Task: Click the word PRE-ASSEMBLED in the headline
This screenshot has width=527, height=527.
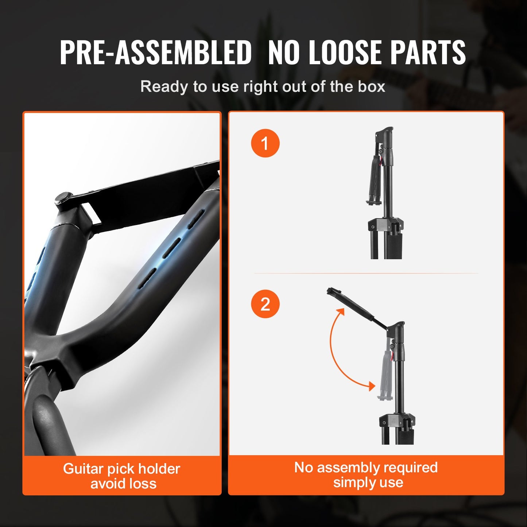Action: [x=156, y=52]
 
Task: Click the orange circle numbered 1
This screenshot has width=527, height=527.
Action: [x=265, y=143]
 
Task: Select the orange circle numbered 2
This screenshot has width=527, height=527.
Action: [x=265, y=304]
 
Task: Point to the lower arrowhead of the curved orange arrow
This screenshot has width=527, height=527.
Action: [x=371, y=386]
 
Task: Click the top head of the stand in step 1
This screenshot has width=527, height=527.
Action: [x=384, y=133]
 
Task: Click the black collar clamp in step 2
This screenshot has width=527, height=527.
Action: [x=397, y=422]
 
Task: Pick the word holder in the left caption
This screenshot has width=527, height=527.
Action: [x=159, y=469]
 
